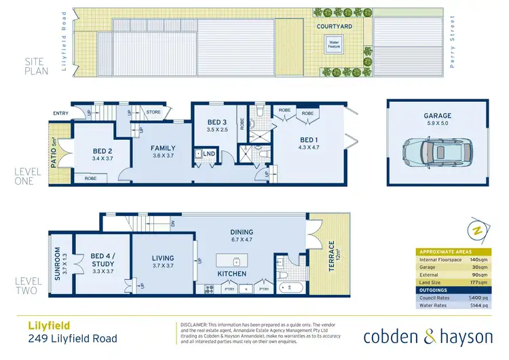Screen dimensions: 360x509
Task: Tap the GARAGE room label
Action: tap(438, 116)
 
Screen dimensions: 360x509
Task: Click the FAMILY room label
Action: tap(163, 148)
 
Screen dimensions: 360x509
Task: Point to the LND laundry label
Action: tap(209, 154)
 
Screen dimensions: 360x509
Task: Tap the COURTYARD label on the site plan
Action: tap(334, 26)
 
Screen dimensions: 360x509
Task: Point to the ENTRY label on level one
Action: tap(61, 113)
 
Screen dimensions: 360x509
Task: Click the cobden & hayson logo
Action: tap(428, 336)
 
